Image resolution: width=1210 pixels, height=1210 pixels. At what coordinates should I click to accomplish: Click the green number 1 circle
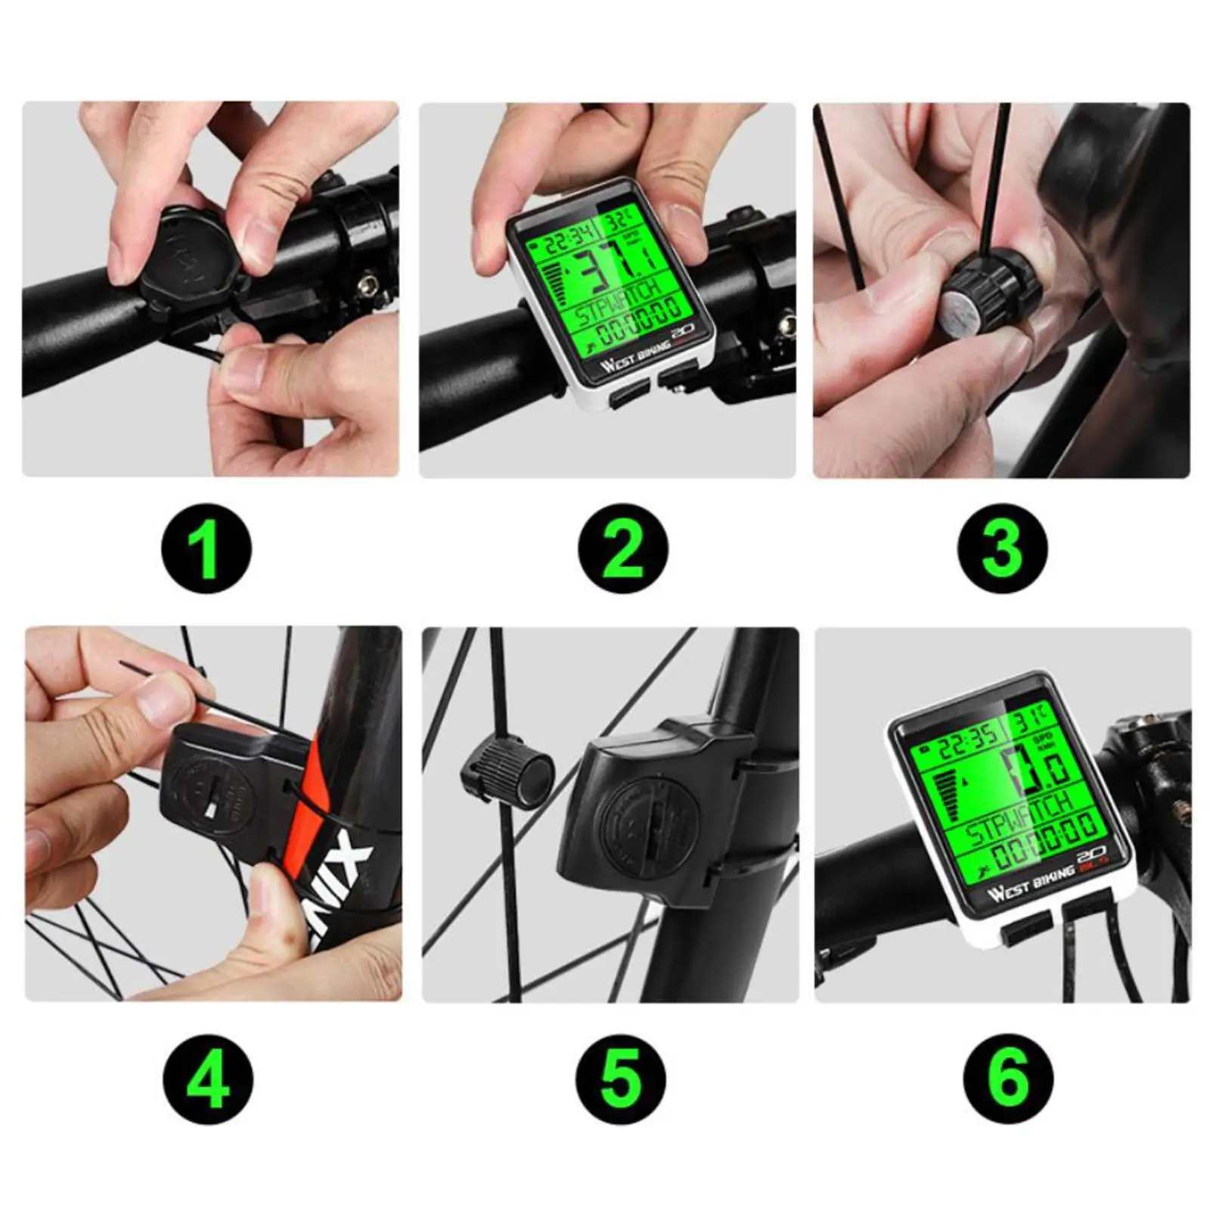pos(206,548)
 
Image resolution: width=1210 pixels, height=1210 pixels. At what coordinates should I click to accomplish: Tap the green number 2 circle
pos(622,548)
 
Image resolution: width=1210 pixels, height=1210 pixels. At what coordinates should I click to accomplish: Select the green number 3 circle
pos(1002,548)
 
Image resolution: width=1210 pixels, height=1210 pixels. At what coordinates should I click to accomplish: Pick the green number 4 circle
pos(208,1078)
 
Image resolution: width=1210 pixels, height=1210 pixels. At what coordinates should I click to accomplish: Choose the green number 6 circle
pos(1008,1078)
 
